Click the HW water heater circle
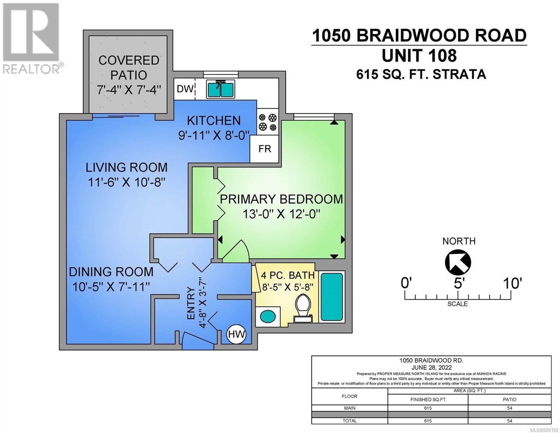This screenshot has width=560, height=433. (x=236, y=334)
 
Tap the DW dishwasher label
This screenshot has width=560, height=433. (x=185, y=89)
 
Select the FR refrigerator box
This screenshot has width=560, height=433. (x=264, y=149)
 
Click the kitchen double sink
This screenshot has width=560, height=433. (x=220, y=89)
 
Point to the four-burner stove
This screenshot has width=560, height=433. (x=268, y=122)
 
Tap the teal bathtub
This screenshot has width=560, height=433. (x=332, y=297)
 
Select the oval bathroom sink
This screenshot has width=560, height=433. (x=268, y=316)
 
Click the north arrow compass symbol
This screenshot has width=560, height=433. (x=458, y=262)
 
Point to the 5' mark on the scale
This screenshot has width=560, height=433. (x=458, y=284)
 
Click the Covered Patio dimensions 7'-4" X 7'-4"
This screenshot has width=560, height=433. (x=129, y=90)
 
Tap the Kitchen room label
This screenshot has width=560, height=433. (x=213, y=121)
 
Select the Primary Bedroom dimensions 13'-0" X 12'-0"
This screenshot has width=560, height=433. (x=281, y=214)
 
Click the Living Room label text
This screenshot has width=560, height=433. (x=127, y=168)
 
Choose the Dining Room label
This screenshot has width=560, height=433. (x=111, y=272)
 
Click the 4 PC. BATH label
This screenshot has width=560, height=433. (x=288, y=275)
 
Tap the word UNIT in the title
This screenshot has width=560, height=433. (x=405, y=56)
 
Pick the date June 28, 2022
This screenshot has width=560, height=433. (x=431, y=367)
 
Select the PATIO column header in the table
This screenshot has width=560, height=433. (x=509, y=399)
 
